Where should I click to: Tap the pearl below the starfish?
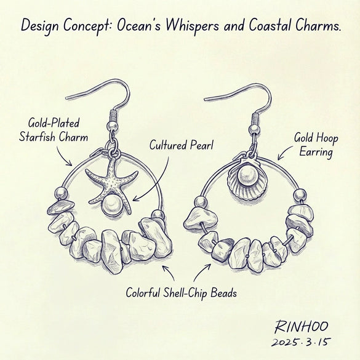(x=112, y=204)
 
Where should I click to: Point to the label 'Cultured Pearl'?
(x=182, y=145)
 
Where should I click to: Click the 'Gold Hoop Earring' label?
(x=316, y=145)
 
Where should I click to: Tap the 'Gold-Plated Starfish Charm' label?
(x=54, y=130)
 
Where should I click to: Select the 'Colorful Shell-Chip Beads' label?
(x=181, y=293)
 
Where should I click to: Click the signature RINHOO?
(x=301, y=326)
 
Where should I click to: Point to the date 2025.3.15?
(x=301, y=342)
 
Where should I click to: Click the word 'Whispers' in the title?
(x=191, y=25)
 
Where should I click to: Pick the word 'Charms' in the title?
(x=317, y=25)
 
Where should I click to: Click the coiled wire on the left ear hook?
(x=113, y=116)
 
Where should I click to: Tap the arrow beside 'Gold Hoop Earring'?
(x=285, y=152)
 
